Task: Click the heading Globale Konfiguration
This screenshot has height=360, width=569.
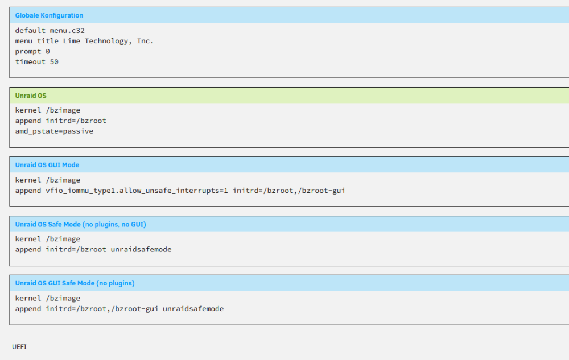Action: (49, 15)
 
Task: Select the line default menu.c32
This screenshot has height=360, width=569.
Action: (50, 31)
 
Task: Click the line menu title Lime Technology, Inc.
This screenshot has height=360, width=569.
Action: (84, 41)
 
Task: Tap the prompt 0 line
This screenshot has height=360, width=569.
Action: (32, 52)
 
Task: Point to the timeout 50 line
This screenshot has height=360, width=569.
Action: (36, 62)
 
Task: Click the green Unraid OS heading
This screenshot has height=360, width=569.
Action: (31, 96)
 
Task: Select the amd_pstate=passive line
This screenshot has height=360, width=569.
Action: (54, 131)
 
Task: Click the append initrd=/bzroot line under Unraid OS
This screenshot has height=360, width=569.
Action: (61, 121)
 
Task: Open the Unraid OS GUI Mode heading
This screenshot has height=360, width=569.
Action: (47, 165)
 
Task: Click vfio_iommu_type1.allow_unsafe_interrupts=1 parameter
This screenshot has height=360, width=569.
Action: (137, 191)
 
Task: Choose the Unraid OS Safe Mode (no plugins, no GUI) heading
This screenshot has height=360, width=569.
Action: (81, 225)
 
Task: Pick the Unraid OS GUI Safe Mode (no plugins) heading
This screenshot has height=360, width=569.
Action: (75, 283)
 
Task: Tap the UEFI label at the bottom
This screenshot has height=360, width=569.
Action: (19, 347)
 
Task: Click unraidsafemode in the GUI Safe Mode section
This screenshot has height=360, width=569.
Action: (193, 309)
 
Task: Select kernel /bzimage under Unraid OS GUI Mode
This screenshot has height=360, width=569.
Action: (48, 180)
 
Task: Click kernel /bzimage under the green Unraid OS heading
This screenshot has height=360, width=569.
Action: (48, 110)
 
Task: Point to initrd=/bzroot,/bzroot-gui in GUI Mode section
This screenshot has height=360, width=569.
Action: (289, 191)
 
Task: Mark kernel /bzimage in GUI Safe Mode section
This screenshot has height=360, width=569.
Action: (48, 299)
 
